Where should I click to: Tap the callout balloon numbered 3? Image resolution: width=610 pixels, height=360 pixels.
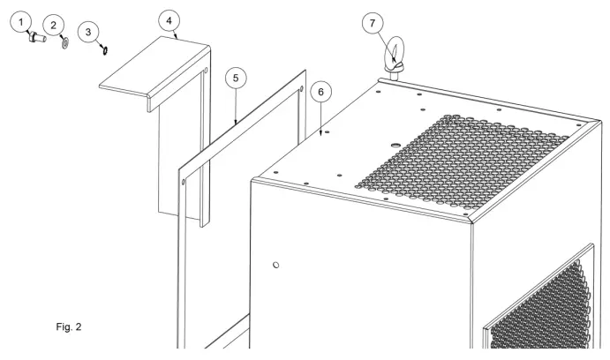[88, 32]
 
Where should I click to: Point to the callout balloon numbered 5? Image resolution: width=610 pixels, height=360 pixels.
[234, 79]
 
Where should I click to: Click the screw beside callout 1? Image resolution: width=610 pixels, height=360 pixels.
[36, 38]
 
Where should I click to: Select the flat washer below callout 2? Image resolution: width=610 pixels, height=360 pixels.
[64, 42]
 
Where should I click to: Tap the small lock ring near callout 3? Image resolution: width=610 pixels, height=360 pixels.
[104, 50]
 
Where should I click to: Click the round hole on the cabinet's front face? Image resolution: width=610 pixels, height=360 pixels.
[276, 264]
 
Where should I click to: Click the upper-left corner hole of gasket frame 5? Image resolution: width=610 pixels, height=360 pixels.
[183, 184]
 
